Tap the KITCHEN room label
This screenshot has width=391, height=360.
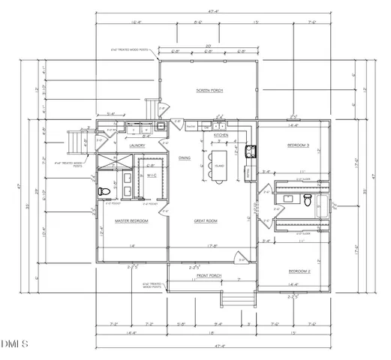click(220, 135)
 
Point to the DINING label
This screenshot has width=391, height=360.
click(185, 157)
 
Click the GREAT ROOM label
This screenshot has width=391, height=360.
click(205, 220)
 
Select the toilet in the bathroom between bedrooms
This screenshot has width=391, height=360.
click(308, 199)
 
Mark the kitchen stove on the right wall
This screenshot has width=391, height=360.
click(252, 151)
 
